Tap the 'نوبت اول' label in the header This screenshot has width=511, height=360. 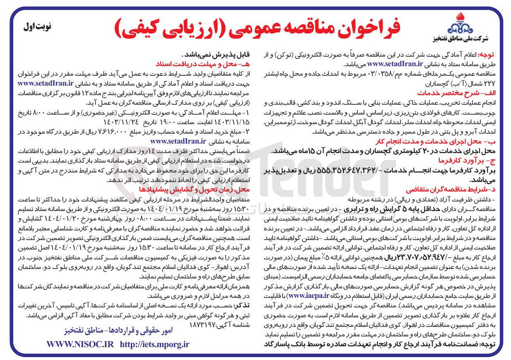37,27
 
